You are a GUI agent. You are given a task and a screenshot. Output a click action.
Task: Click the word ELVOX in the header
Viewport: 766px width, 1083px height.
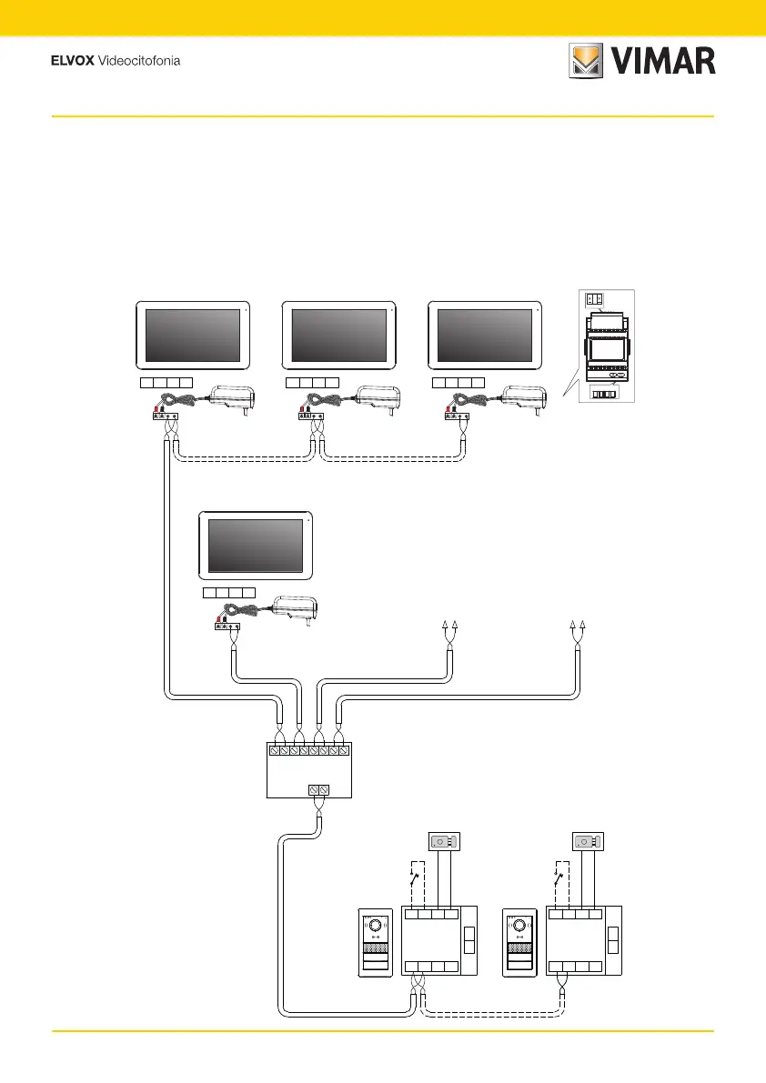point(71,62)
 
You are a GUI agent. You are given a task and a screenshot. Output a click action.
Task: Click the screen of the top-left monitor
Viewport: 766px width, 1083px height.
point(193,336)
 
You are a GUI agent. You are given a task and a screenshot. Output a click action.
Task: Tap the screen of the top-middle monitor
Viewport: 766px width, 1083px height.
point(338,336)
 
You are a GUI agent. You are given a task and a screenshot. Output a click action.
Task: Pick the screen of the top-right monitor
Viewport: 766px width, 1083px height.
point(484,336)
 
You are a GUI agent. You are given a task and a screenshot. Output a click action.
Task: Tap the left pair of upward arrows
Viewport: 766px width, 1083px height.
point(449,625)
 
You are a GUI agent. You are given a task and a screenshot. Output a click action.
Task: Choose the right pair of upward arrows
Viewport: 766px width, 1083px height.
point(577,625)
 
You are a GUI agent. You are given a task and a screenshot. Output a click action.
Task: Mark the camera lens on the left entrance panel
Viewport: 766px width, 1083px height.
point(374,926)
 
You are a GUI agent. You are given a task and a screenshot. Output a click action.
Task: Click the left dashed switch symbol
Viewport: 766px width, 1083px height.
point(414,879)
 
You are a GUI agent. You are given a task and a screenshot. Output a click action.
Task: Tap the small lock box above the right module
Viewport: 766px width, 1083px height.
point(589,841)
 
